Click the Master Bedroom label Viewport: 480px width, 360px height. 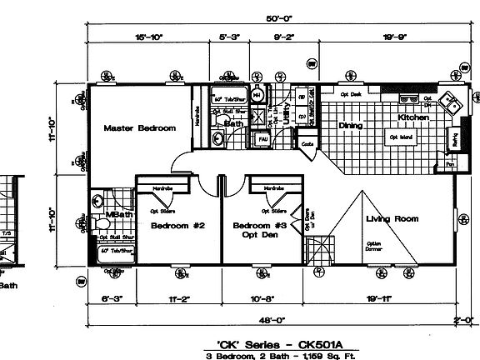[x=139, y=128]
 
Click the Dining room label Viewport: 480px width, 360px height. [x=350, y=126]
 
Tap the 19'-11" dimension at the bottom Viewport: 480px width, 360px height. [x=390, y=296]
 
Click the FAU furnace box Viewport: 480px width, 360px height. [x=262, y=138]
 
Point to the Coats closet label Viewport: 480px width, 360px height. [x=307, y=144]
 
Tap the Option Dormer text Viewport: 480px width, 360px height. [x=372, y=247]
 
